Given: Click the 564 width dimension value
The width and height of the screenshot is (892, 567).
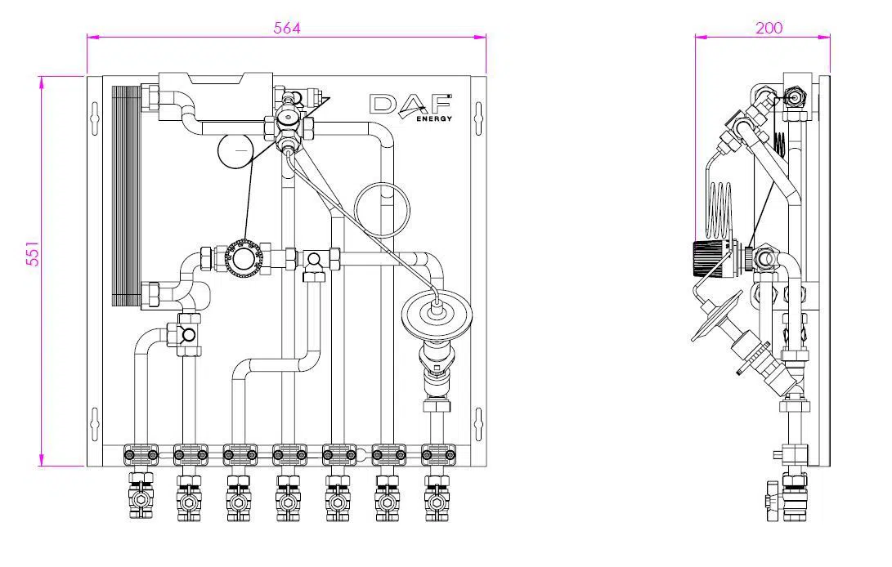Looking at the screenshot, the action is point(286,28).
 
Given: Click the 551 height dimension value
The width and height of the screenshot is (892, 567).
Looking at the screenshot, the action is point(33,253).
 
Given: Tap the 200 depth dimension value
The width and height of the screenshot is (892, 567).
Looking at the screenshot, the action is point(769,28).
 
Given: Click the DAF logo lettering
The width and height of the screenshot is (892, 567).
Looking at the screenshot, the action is point(410,105).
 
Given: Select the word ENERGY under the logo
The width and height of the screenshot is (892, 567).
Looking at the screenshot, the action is point(434,118).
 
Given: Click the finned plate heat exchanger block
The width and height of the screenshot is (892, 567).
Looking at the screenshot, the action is point(126,196).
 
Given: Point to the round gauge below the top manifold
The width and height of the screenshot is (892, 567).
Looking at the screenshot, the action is point(235,150).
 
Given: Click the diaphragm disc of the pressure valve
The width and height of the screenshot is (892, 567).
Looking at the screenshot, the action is point(434,311).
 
